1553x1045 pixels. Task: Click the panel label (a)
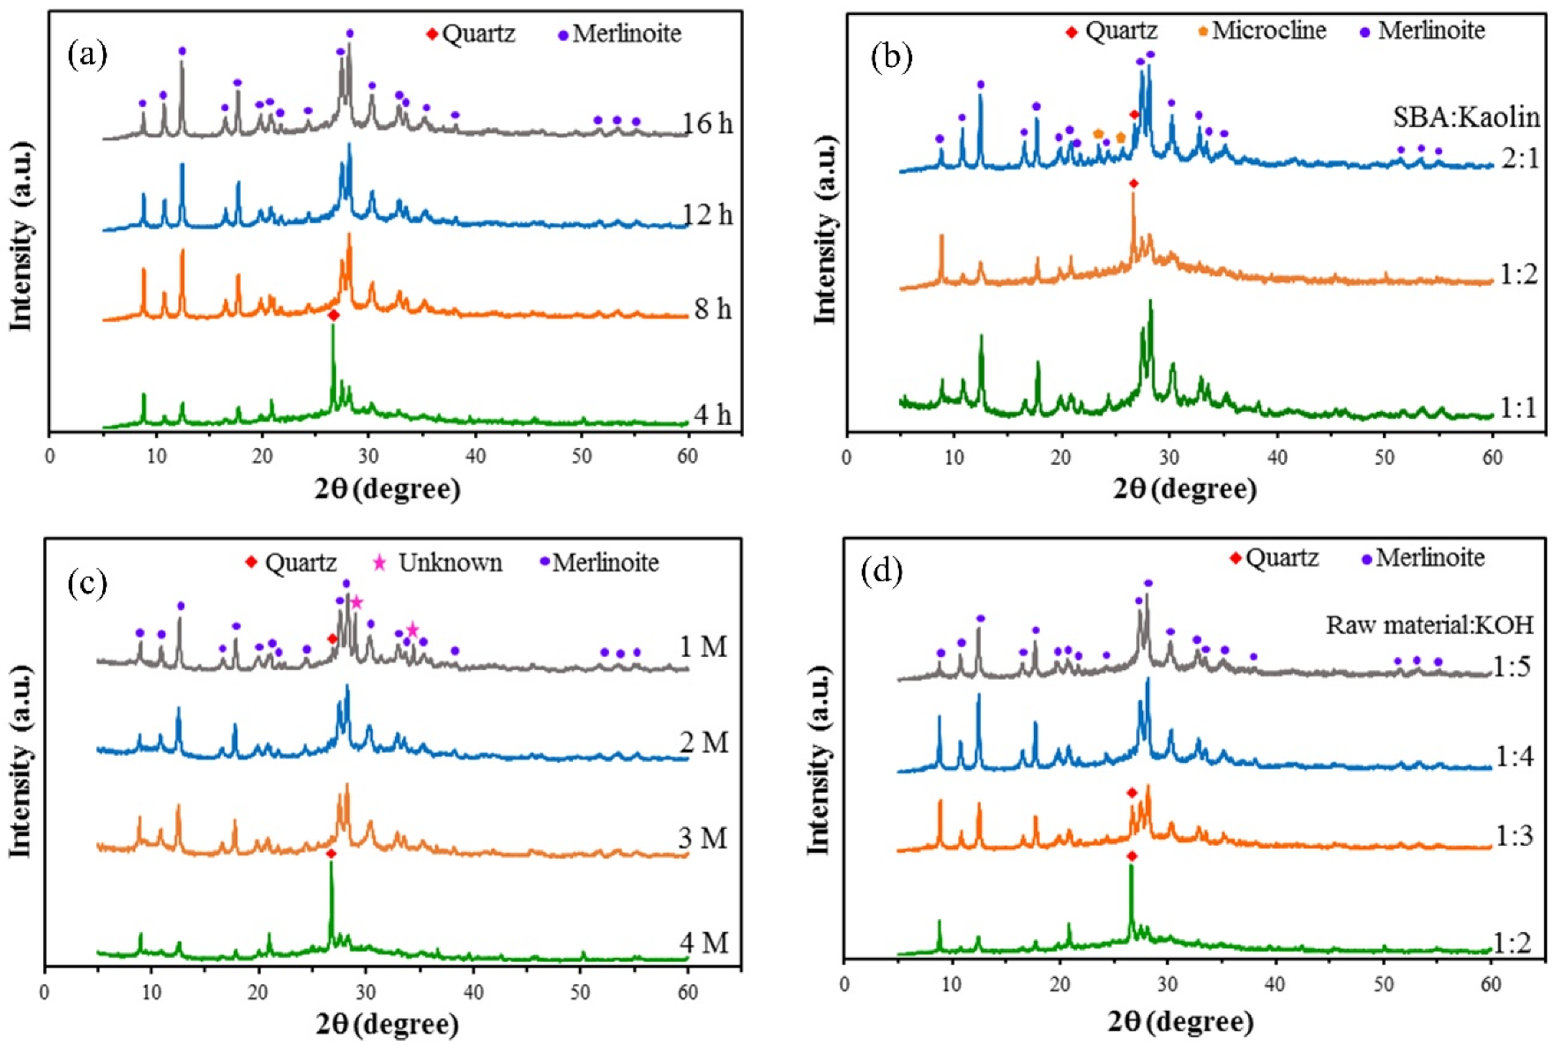[87, 55]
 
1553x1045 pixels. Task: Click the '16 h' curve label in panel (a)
[708, 123]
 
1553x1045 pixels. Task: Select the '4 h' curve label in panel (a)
[712, 414]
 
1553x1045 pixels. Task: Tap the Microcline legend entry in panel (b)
[1261, 31]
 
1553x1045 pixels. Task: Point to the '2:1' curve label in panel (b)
[1519, 159]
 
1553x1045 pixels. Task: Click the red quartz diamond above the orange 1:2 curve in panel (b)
[1133, 183]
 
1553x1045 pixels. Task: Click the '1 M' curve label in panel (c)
[703, 647]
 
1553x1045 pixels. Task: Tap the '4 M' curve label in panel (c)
[704, 943]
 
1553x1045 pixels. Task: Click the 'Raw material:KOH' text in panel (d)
[1430, 625]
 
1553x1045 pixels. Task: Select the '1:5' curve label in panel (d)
[1512, 667]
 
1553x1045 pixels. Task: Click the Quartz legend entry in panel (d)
[1274, 557]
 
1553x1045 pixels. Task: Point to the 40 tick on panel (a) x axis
[475, 456]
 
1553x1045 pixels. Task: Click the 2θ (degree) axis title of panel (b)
[1184, 489]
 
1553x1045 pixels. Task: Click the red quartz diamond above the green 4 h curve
[333, 315]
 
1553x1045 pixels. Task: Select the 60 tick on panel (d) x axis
[1490, 984]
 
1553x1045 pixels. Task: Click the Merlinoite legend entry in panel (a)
[620, 34]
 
